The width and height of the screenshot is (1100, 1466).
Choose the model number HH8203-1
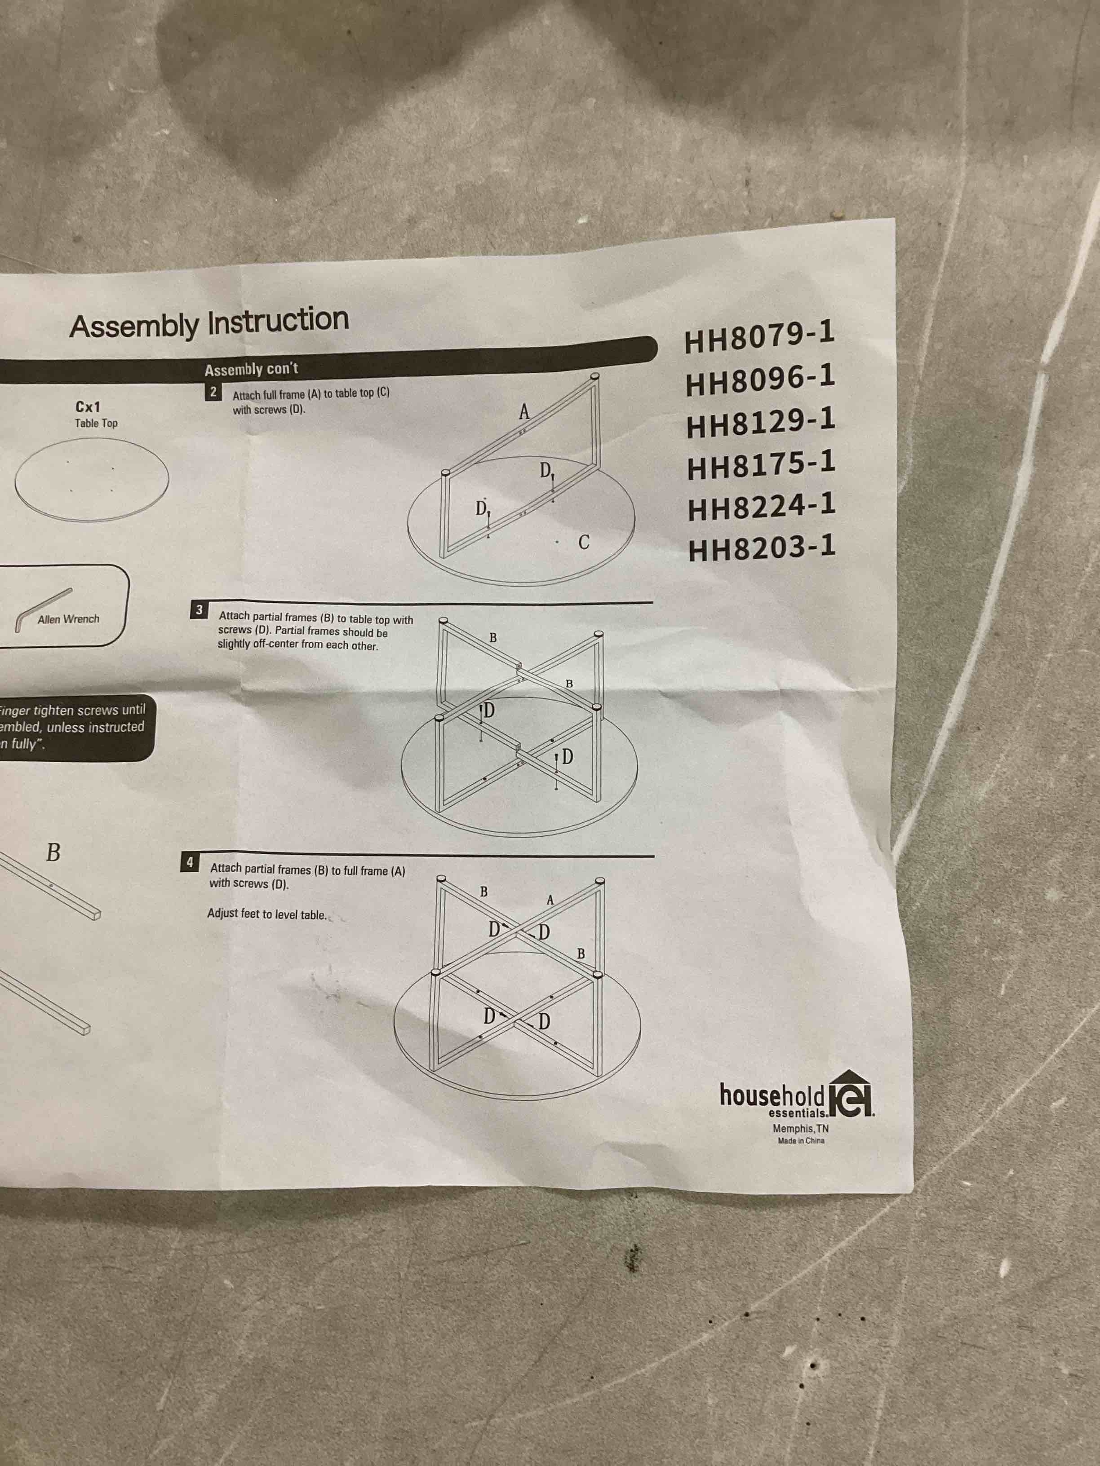pyautogui.click(x=762, y=549)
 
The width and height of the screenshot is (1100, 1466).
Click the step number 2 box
pyautogui.click(x=213, y=392)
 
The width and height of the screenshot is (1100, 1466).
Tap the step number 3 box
pyautogui.click(x=200, y=610)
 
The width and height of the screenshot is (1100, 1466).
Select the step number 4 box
pyautogui.click(x=190, y=862)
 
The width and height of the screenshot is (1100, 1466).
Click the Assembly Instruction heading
pyautogui.click(x=209, y=323)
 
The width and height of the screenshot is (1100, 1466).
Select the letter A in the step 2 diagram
pyautogui.click(x=524, y=412)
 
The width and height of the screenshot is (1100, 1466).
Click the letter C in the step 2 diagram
pyautogui.click(x=584, y=542)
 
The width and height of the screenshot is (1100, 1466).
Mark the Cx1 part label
pyautogui.click(x=88, y=407)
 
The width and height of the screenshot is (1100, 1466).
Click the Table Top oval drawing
pyautogui.click(x=92, y=478)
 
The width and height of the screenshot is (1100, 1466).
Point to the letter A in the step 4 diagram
pyautogui.click(x=550, y=900)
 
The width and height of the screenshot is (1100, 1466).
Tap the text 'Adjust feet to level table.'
pyautogui.click(x=266, y=914)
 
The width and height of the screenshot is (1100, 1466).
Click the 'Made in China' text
pyautogui.click(x=801, y=1140)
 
